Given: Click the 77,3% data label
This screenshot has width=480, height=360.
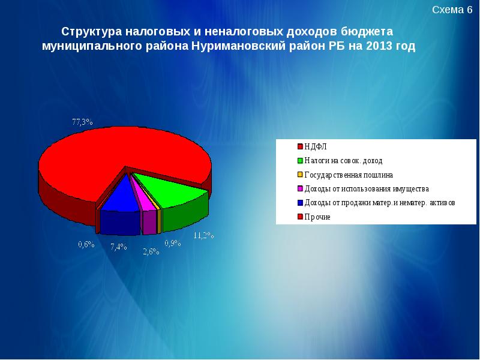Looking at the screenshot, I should [x=82, y=122].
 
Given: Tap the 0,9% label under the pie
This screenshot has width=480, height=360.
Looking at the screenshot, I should [x=173, y=243].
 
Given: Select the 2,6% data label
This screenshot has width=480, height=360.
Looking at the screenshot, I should [x=151, y=251].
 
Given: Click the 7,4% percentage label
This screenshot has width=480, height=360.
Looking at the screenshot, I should [x=119, y=247].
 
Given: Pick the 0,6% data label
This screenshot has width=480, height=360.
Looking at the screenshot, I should [x=86, y=244].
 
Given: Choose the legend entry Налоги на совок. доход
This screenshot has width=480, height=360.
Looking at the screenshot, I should [x=343, y=161].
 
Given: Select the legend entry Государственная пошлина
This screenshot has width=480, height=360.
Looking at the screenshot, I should [x=348, y=175].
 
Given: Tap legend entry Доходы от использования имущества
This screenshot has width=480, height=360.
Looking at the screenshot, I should [x=366, y=188].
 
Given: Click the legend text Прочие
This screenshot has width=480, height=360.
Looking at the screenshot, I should [x=317, y=217].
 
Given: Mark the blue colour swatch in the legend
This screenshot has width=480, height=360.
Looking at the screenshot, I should [x=299, y=203].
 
